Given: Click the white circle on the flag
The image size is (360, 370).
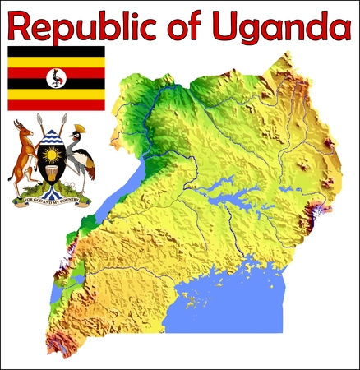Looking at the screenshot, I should tap(56, 78).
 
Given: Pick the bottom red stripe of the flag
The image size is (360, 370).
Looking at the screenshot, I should tap(56, 104).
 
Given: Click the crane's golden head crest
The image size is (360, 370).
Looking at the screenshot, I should tap(80, 129).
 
